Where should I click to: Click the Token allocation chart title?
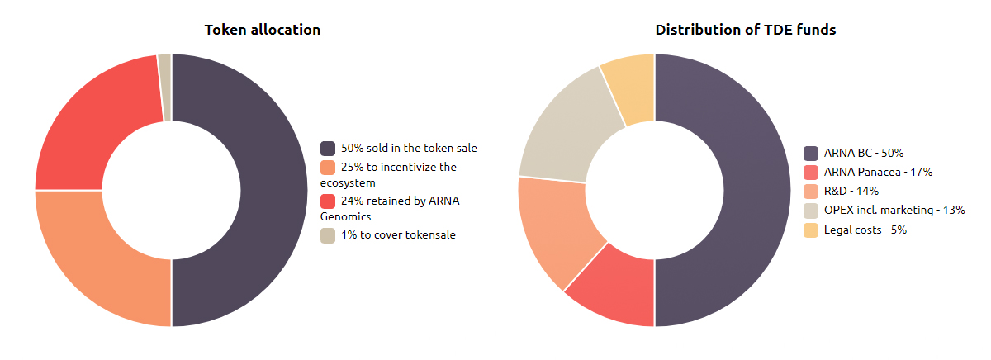[x=263, y=30]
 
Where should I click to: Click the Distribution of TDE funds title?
[x=746, y=30]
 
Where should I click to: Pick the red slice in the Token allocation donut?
[x=84, y=133]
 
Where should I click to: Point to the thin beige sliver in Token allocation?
[x=165, y=88]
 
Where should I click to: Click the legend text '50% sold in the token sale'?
[x=409, y=148]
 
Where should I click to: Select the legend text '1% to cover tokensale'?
[x=398, y=234]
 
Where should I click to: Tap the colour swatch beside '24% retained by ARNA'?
[x=328, y=201]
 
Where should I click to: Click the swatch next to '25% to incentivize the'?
[x=328, y=168]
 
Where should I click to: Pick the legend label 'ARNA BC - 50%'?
[x=864, y=153]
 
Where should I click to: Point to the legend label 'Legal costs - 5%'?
[x=865, y=230]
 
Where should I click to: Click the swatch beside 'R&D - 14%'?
[x=811, y=192]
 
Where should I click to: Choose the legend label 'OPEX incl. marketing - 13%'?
[x=894, y=210]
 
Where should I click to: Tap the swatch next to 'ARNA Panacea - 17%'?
[x=811, y=173]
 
